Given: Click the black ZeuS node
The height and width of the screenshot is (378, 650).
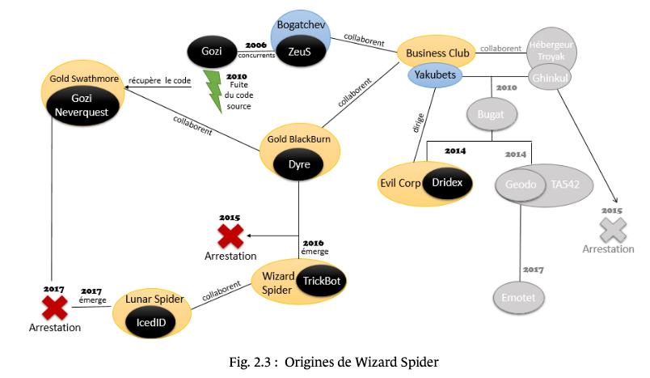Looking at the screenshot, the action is pos(301,51).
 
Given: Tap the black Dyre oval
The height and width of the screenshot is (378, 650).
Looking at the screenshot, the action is pos(298,164).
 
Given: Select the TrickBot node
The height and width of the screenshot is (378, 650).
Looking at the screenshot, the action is pos(321,281).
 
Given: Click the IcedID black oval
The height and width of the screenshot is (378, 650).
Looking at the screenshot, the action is pos(151,322).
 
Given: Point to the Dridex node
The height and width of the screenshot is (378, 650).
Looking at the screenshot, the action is pos(447,183).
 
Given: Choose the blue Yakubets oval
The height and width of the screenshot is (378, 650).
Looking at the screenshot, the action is pos(435,75).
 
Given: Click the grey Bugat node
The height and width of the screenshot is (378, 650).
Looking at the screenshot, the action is pos(492,114).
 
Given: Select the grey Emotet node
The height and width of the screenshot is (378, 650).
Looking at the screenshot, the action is pos(518,298).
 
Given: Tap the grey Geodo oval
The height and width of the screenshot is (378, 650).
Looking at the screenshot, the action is pos(521,185).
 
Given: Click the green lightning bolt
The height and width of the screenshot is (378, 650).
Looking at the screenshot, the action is pos(214,91).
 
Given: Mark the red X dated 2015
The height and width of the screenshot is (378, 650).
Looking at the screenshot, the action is pos(230,236).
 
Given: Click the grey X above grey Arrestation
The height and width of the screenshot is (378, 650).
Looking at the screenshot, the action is pos(613,230).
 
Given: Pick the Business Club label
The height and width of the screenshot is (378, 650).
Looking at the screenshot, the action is pos(437,53).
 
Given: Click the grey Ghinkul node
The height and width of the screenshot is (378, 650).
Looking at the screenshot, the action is pos(550,78).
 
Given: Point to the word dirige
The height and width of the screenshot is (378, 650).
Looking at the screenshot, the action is pos(418,123).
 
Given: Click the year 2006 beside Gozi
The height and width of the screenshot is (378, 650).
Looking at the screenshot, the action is pos(255,45).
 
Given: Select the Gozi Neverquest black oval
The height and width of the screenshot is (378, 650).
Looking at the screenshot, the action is pos(82,105).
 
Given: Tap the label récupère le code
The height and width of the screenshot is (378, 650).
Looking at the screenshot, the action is pos(159,80).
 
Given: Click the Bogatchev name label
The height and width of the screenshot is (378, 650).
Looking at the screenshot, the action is pos(301,25).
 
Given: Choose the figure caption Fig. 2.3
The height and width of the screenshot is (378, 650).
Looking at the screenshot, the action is pos(334,363).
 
